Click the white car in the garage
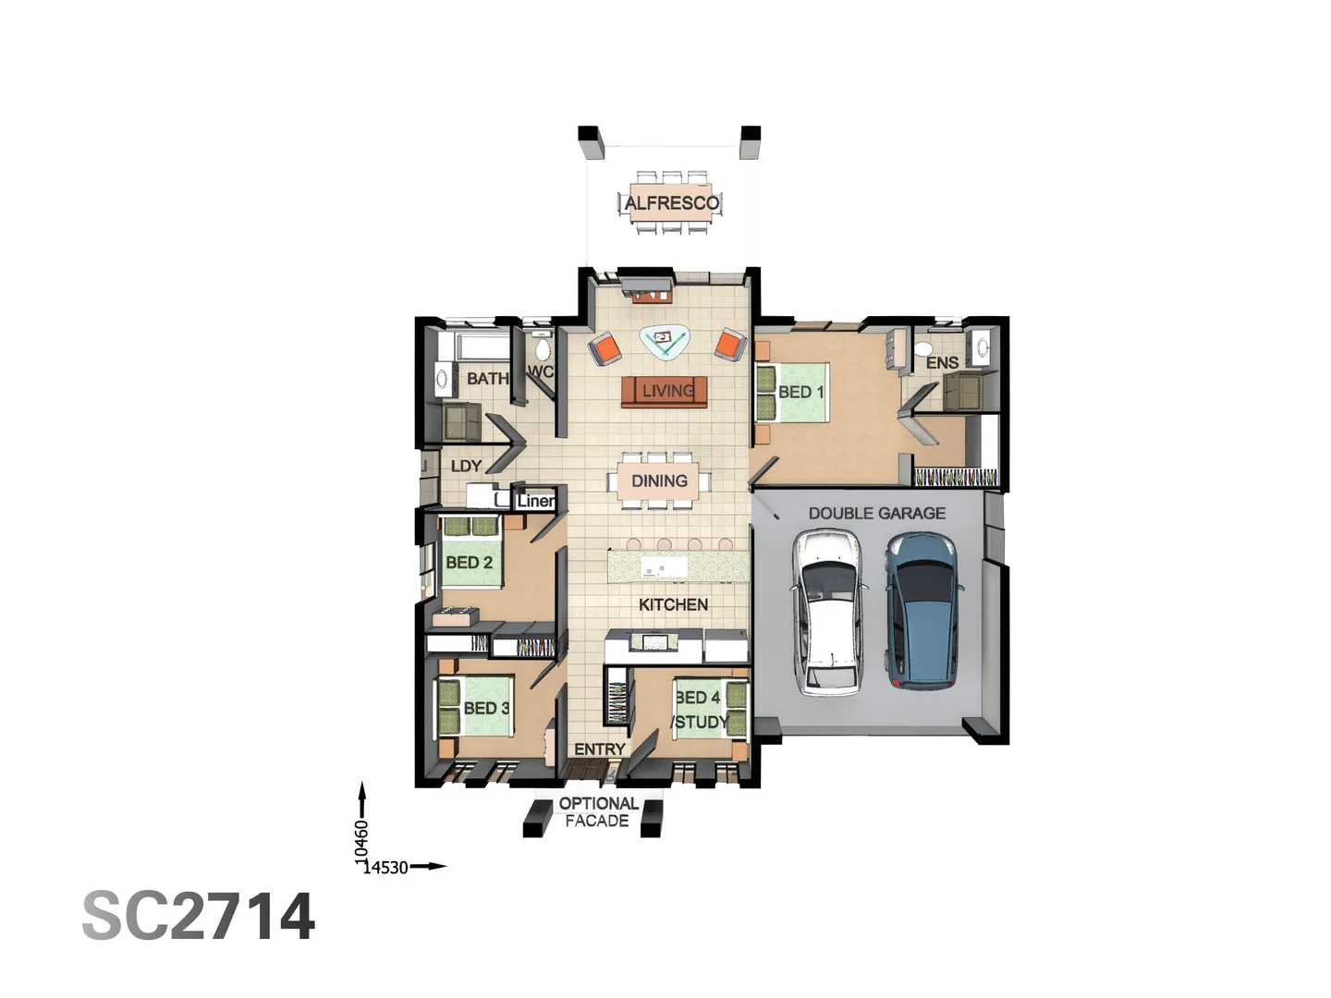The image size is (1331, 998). tap(829, 612)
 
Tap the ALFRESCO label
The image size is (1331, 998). tap(671, 203)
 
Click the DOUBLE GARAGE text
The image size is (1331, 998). tap(876, 514)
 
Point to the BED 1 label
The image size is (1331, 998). tap(800, 392)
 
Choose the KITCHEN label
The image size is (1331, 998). tap(673, 604)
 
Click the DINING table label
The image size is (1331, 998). tap(659, 481)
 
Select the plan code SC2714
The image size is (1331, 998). tap(199, 917)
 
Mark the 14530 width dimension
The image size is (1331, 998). tap(385, 868)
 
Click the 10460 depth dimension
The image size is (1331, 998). tap(361, 842)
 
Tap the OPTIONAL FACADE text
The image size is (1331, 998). tap(598, 812)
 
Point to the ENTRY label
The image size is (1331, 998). tap(599, 749)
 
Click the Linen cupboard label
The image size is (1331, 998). tap(536, 501)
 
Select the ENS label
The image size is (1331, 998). tap(942, 363)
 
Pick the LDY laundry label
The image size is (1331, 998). tap(466, 467)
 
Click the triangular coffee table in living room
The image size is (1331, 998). tap(665, 341)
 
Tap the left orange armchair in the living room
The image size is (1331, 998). tap(605, 349)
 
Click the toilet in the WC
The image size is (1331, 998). tap(543, 348)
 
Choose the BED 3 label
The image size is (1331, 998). tap(486, 709)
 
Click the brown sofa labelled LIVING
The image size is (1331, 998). tap(665, 391)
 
